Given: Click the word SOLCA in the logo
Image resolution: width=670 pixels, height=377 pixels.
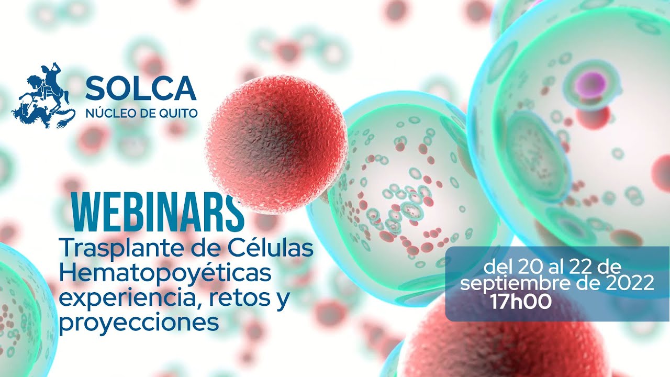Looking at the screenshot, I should coord(140,88).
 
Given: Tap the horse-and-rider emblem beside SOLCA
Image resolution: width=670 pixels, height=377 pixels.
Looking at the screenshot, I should coord(44,96).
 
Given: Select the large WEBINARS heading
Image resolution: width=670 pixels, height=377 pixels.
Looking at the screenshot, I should coord(158,215).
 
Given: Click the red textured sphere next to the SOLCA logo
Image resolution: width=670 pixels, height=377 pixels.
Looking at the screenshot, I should coord(276,144).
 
